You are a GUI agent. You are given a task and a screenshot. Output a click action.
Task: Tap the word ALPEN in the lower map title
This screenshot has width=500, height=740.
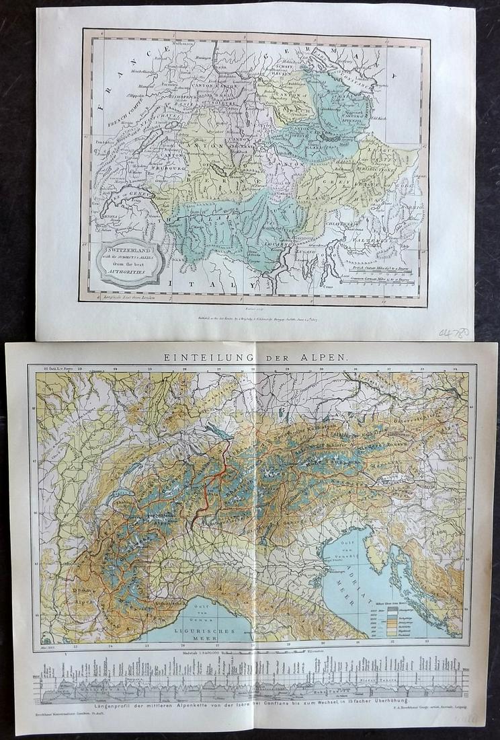point(327,357)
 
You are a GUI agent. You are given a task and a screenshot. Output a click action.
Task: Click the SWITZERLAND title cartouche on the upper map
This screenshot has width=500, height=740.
point(130,260)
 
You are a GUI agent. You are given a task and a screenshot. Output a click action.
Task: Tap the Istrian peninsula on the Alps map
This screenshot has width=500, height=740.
point(377,558)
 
